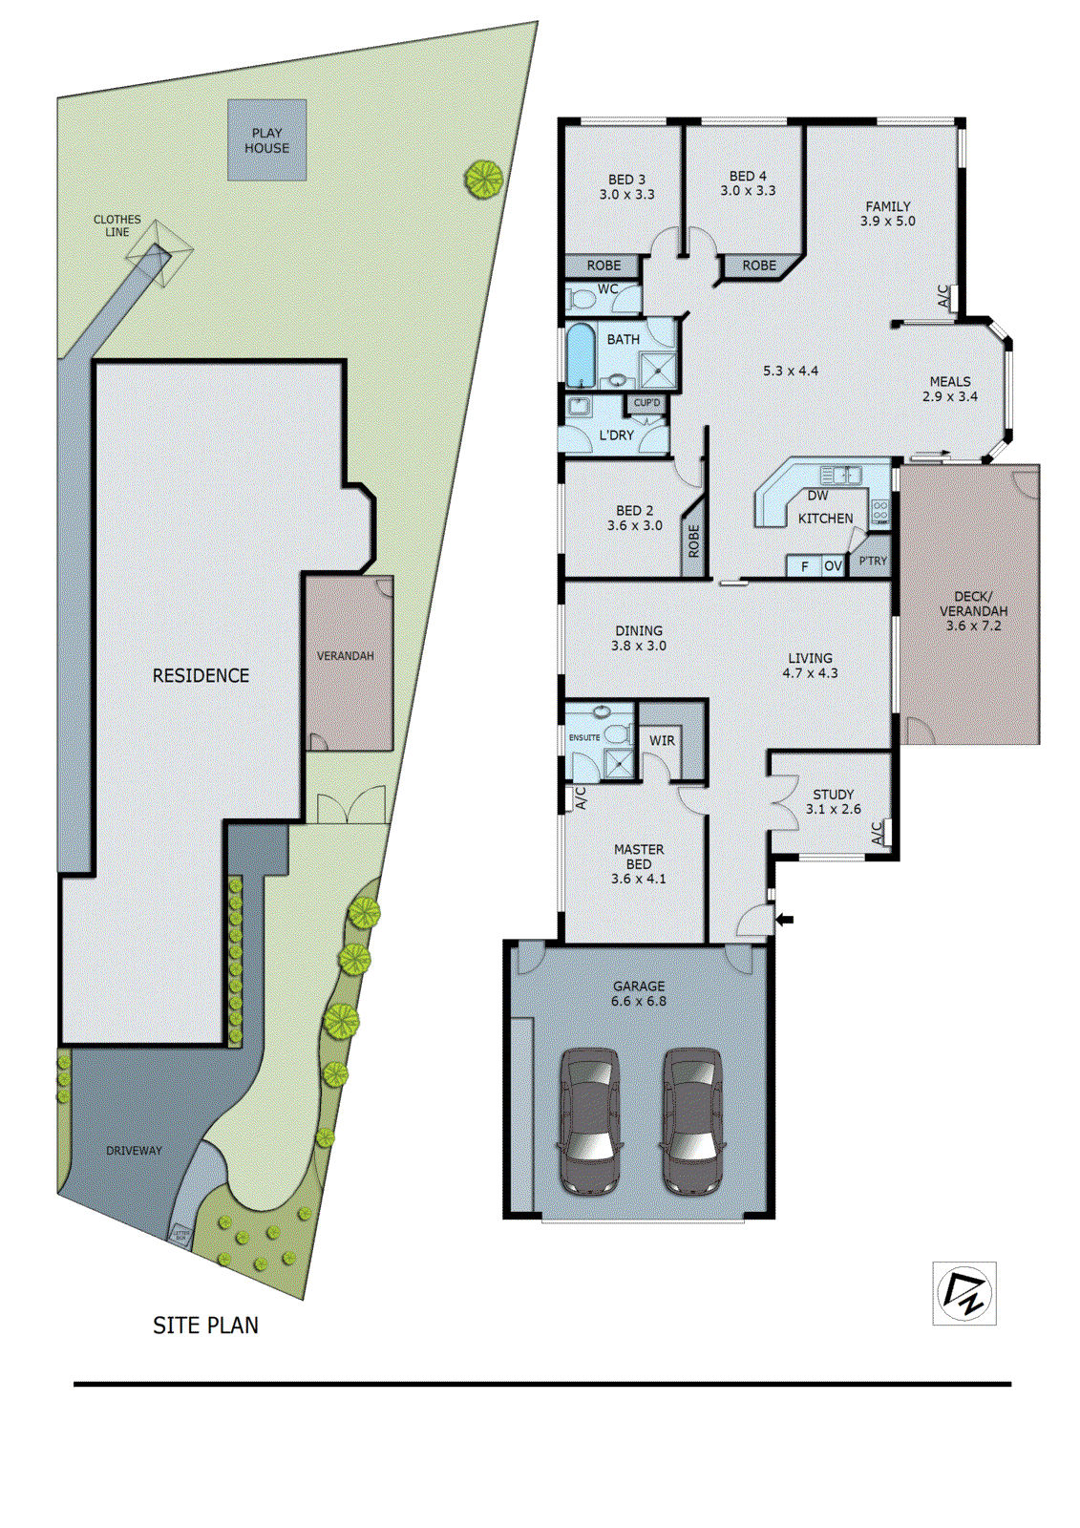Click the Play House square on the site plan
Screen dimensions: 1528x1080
[266, 140]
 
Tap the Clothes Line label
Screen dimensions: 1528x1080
[116, 225]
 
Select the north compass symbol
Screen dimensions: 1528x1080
[964, 1293]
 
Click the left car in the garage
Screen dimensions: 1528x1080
[589, 1120]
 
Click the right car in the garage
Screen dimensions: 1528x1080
[691, 1120]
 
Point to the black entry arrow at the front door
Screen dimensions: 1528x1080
[784, 920]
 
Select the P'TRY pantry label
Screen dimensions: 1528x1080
[872, 561]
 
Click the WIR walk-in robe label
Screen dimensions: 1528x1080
[662, 740]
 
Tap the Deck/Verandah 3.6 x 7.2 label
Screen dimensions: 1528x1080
[973, 611]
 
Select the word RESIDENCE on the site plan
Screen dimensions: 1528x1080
[201, 675]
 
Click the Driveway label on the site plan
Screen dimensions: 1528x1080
[134, 1151]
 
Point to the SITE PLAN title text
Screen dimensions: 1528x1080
[205, 1326]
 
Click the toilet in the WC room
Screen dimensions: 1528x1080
[580, 300]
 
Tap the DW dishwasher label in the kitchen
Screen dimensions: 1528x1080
[817, 496]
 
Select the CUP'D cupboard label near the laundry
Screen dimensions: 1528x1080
[646, 402]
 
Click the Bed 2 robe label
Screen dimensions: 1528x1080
[694, 541]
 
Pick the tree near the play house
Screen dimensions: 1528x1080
[483, 178]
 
